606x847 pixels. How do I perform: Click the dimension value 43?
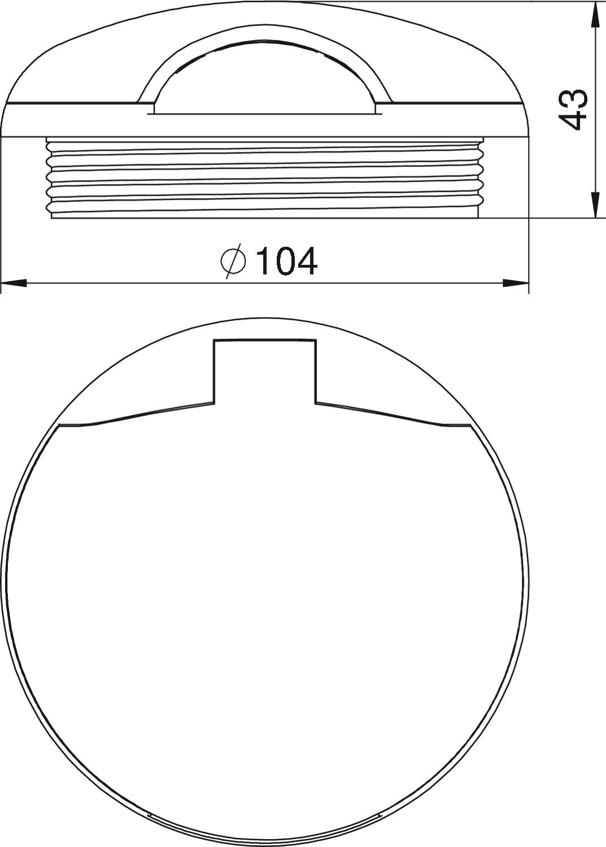[573, 110]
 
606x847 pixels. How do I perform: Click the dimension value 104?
[286, 261]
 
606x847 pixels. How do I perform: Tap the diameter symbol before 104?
[233, 261]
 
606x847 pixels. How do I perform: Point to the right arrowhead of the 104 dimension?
[515, 282]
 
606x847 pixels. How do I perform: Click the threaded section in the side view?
[265, 178]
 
